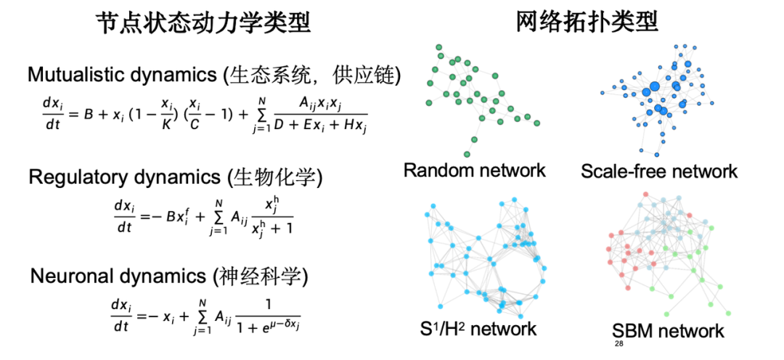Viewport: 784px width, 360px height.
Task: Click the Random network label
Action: pyautogui.click(x=474, y=171)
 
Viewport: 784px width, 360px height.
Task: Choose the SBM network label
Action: pyautogui.click(x=667, y=332)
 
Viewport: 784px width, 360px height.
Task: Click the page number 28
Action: pyautogui.click(x=619, y=343)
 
